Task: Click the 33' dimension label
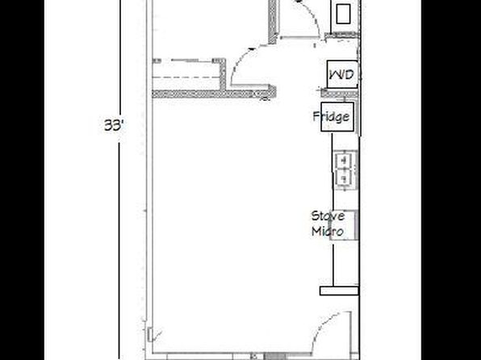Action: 114,125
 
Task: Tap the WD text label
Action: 341,74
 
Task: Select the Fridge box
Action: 337,117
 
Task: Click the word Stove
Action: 328,216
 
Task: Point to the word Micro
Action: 328,231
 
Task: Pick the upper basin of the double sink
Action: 345,160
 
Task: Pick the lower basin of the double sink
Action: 345,178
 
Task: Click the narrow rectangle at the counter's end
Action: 339,291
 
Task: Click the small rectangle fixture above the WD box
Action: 343,14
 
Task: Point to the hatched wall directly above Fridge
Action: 340,93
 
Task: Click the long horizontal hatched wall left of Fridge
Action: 214,94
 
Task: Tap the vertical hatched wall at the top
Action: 273,22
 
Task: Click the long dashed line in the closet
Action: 186,77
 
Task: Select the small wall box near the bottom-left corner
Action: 149,334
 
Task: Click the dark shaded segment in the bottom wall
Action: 274,357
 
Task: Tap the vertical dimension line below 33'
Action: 119,251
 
